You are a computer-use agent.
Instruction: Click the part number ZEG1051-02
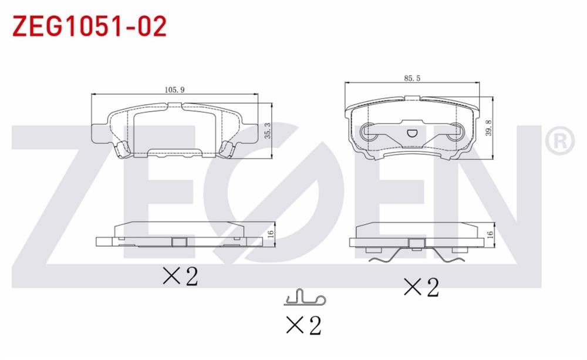(89, 26)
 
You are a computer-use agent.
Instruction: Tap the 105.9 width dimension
(175, 90)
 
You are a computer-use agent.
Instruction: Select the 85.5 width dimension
(412, 78)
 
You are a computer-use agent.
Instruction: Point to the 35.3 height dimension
(268, 131)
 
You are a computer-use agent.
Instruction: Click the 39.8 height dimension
(488, 128)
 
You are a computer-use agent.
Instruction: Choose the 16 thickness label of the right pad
(490, 234)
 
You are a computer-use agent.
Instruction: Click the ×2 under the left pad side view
(180, 276)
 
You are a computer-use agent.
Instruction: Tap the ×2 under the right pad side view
(421, 287)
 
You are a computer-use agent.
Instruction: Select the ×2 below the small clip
(303, 325)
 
